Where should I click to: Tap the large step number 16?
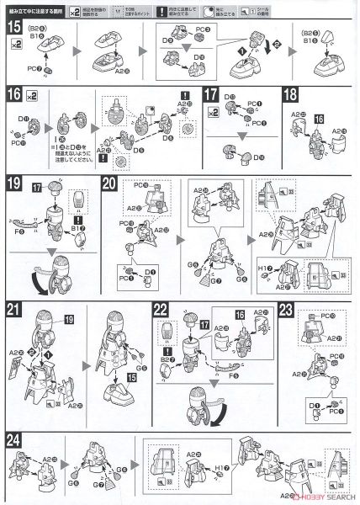(x=13, y=94)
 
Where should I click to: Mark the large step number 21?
(x=14, y=309)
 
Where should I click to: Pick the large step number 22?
(x=162, y=309)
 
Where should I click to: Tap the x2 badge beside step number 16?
(x=35, y=93)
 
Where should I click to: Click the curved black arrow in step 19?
(x=40, y=278)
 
